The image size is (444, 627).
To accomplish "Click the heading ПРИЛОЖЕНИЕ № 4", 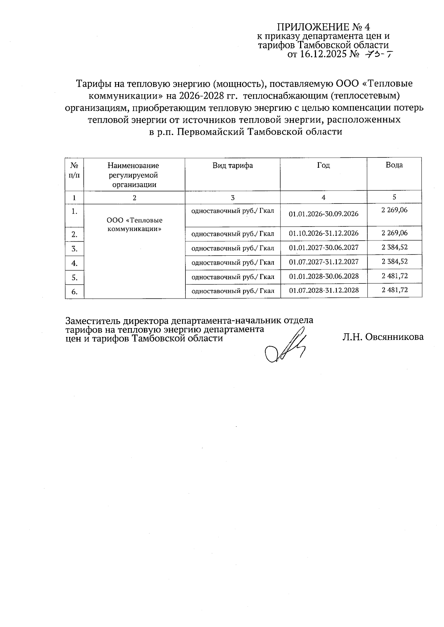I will [323, 27].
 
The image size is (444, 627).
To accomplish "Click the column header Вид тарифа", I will [232, 166].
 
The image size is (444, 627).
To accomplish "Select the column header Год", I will [323, 166].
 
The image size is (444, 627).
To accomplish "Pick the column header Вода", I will [394, 165].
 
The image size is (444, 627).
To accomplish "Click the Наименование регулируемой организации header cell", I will [134, 175].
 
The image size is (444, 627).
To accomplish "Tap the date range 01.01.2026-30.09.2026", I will [323, 214].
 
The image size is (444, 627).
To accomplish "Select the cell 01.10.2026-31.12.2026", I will [323, 233].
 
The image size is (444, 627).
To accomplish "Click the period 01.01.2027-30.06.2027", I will [323, 247].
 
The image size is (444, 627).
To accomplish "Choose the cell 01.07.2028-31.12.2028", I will [323, 290].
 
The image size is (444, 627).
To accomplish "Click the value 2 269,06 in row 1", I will [394, 210].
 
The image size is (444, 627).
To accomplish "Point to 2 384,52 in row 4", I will [394, 262].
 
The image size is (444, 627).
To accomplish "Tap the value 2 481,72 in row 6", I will [394, 290].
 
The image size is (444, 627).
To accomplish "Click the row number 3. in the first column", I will [74, 249].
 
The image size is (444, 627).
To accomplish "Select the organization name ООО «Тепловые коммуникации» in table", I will [134, 224].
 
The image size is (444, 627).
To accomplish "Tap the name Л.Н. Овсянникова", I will [383, 337].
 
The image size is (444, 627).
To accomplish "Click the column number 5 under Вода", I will [394, 197].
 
